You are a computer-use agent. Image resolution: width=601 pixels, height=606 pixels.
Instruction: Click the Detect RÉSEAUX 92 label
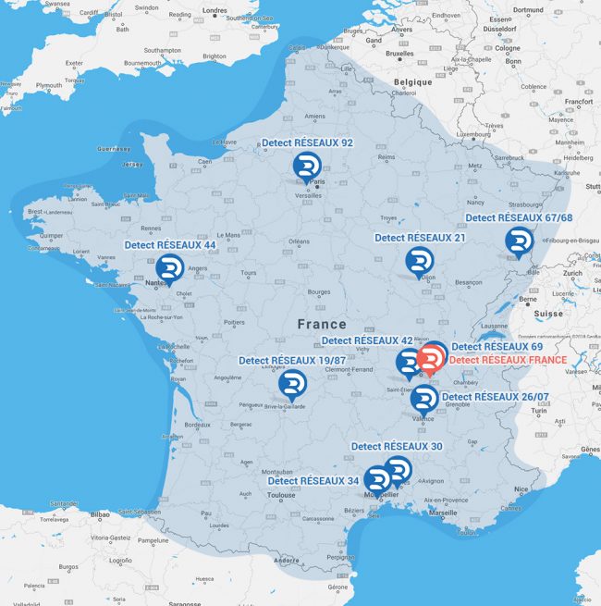click(x=307, y=143)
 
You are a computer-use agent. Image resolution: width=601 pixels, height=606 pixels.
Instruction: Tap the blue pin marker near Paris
click(x=306, y=167)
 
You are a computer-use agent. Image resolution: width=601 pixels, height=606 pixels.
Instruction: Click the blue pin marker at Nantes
click(x=169, y=268)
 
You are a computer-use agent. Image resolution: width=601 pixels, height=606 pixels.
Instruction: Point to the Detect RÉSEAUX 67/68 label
click(x=519, y=218)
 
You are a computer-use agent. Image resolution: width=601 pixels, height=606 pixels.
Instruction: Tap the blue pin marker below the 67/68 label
click(x=518, y=241)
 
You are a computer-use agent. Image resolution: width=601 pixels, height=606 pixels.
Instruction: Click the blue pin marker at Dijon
click(x=419, y=261)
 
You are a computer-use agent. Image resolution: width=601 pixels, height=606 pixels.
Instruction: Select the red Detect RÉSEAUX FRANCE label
click(x=508, y=359)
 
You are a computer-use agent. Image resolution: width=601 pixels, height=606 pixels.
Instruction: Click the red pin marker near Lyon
click(x=431, y=359)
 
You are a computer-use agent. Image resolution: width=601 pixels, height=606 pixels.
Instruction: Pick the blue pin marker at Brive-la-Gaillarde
click(x=293, y=384)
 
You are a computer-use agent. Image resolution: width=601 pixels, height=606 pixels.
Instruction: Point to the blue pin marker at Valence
click(x=423, y=400)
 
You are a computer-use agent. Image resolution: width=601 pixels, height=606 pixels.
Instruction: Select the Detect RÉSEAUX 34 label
click(x=313, y=481)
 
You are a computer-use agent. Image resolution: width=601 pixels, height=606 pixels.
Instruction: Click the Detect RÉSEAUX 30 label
click(x=397, y=446)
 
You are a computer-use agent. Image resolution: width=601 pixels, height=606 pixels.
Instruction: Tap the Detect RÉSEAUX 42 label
click(x=367, y=340)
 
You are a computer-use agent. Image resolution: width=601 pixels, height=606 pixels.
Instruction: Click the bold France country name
click(x=322, y=324)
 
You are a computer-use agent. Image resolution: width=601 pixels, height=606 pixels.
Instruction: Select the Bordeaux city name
click(x=199, y=426)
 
